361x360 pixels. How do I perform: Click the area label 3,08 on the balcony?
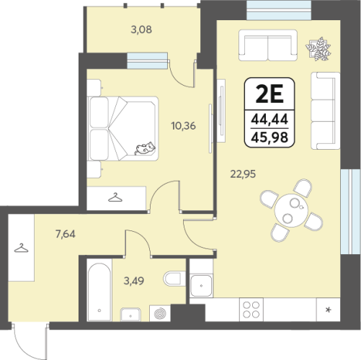(x=141, y=30)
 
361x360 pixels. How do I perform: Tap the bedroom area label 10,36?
(x=184, y=126)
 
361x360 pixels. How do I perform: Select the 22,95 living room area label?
(x=243, y=174)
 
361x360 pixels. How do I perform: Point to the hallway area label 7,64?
(x=66, y=234)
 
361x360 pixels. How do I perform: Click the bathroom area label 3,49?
(x=134, y=281)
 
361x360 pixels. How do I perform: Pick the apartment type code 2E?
(x=269, y=94)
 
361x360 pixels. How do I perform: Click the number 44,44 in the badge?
(x=269, y=120)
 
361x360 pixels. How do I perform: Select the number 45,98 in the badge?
(x=269, y=138)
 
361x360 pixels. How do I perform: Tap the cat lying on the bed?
(x=145, y=148)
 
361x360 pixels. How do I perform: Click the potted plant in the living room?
(x=318, y=49)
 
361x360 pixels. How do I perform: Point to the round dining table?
(x=291, y=210)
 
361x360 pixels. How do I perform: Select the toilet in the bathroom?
(x=174, y=279)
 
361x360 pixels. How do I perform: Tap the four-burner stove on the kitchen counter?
(x=251, y=310)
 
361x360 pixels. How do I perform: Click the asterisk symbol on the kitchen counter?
(x=328, y=310)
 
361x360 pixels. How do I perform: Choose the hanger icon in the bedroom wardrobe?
(x=115, y=197)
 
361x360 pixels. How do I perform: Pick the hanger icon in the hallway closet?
(x=21, y=248)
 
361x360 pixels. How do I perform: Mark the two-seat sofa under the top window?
(x=268, y=45)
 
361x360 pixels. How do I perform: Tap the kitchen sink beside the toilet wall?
(x=201, y=286)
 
